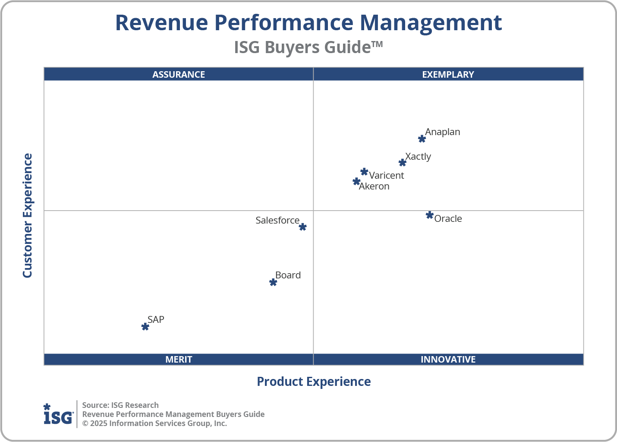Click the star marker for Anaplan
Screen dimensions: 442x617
tap(422, 139)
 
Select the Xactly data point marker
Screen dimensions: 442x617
tap(402, 163)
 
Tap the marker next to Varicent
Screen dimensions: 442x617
tap(364, 172)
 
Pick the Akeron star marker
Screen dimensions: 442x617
tap(356, 181)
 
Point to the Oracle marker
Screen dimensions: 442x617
tap(429, 215)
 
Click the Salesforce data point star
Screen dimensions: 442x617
tap(302, 227)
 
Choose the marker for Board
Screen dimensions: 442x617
tap(273, 282)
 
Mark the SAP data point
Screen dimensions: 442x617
tap(145, 327)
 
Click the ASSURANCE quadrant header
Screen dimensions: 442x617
tap(179, 74)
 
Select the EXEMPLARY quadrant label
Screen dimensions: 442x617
tap(448, 74)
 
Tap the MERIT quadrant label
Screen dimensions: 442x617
tap(179, 359)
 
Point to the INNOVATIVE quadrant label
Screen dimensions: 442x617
tap(448, 359)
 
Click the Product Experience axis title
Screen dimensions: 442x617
tap(314, 382)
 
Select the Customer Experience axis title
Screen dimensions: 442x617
tap(28, 216)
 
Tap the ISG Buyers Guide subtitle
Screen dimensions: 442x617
tap(308, 47)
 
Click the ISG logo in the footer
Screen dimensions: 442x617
tap(58, 414)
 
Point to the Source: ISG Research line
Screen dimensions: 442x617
tap(120, 405)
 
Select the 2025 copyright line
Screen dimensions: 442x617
tap(154, 423)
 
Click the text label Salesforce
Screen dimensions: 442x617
tap(277, 220)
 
